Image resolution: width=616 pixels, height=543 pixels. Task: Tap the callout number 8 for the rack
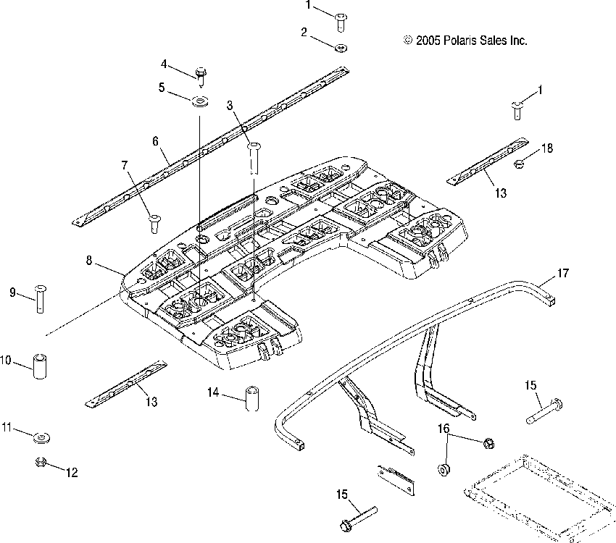coord(89,260)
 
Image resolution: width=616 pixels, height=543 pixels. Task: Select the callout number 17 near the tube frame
coord(563,273)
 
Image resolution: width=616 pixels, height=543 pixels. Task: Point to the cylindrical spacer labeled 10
coord(40,366)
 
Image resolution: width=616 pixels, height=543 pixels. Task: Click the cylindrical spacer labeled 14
coord(252,399)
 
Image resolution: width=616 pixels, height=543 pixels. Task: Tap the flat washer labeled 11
coord(42,437)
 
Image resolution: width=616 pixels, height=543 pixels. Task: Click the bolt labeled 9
coord(40,299)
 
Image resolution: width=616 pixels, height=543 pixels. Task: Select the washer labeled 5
coord(200,102)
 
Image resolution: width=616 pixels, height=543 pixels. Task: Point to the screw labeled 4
coord(201,77)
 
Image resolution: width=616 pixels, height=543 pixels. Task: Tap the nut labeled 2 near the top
coord(341,48)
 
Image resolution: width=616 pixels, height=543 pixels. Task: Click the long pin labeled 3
coord(254,159)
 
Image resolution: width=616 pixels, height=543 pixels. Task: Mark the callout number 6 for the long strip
coord(155,141)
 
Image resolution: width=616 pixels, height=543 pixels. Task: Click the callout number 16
coord(444,429)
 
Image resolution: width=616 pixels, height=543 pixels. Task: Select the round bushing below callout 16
coord(444,469)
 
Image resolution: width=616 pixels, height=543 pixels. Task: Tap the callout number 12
coord(72,472)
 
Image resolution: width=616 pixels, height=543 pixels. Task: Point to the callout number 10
coord(6,360)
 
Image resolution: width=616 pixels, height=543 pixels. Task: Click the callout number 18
coord(547,148)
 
